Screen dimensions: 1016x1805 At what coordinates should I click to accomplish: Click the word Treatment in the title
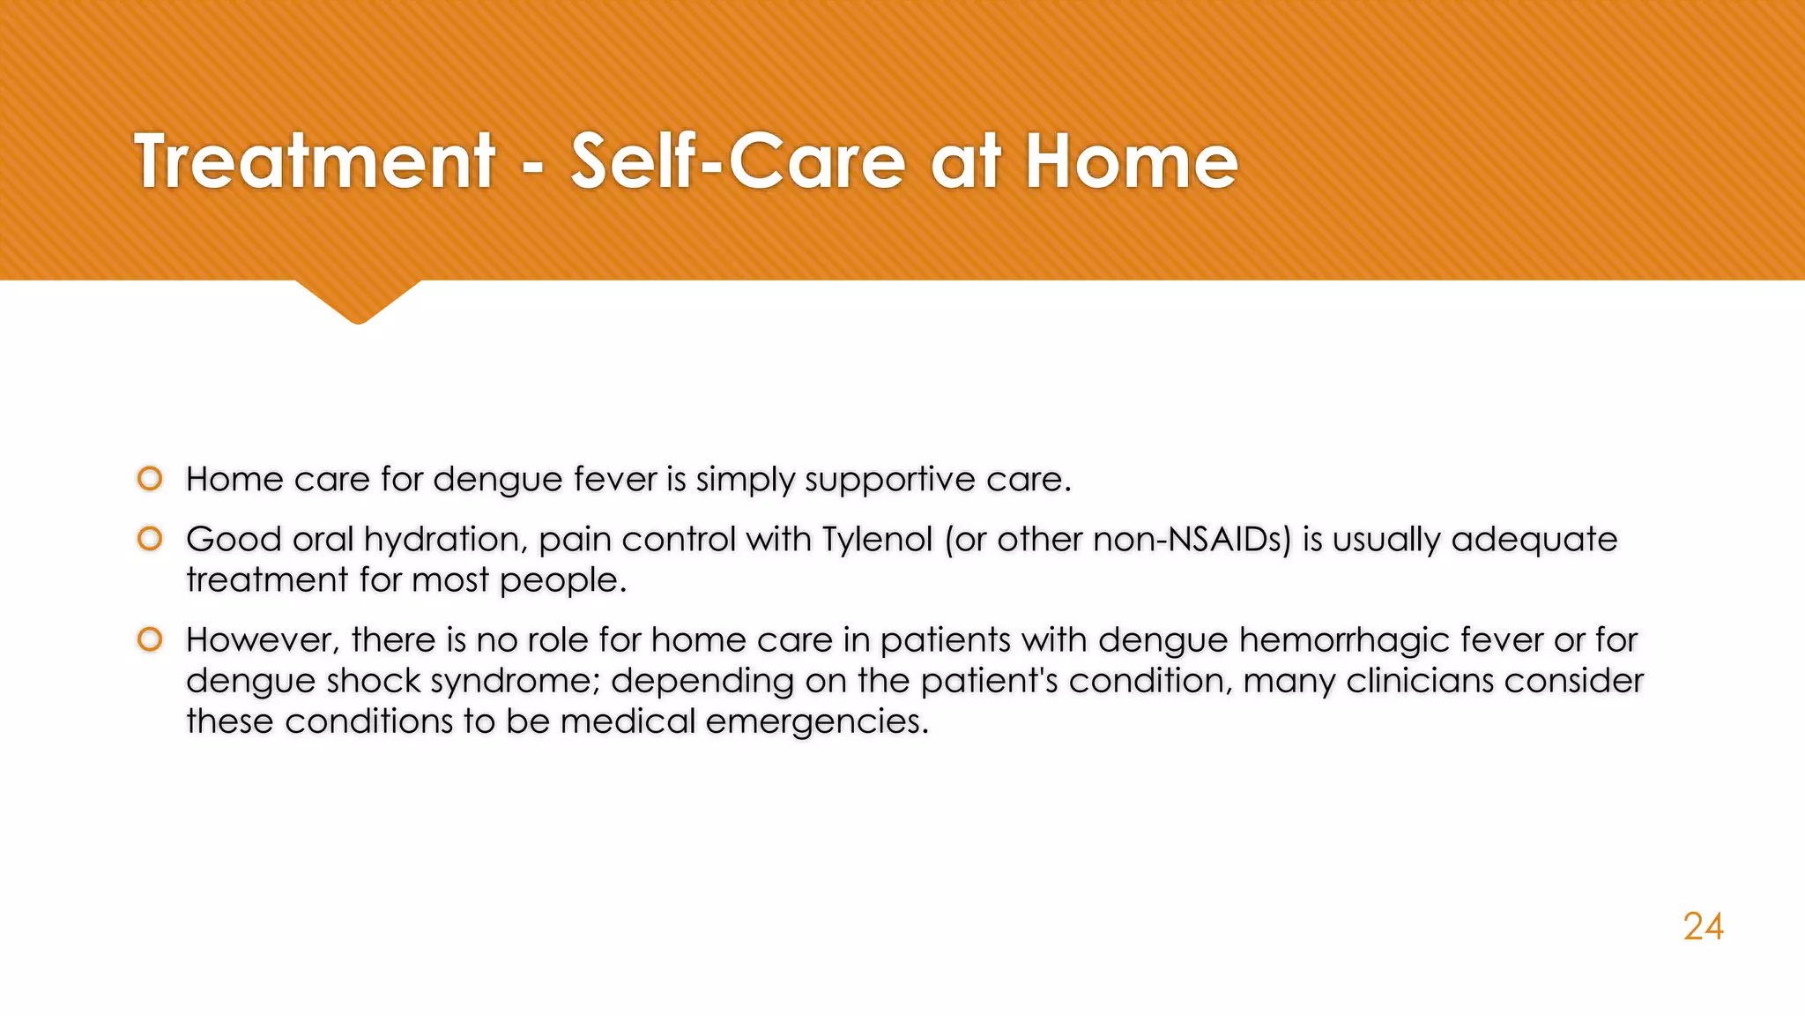[315, 161]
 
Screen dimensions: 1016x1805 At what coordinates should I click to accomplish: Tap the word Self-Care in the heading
[738, 161]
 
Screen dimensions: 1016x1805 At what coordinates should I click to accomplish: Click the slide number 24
[1703, 926]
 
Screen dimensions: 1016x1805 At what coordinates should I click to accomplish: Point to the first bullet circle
[150, 479]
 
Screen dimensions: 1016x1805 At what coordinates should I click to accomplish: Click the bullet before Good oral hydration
[150, 539]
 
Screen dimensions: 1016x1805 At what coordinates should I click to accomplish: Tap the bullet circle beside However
[150, 639]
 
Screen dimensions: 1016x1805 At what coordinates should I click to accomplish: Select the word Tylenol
[877, 539]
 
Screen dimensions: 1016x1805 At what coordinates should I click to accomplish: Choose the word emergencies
[817, 721]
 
